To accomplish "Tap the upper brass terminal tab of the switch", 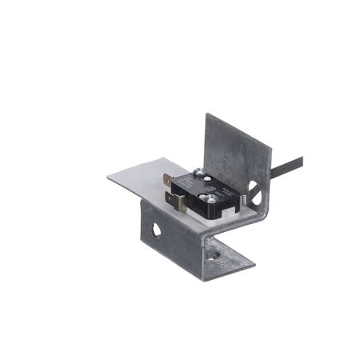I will pos(168,181).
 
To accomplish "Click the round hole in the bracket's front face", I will pos(156,230).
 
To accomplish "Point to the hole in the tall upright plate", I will pos(254,191).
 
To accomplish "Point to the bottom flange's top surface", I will pos(228,253).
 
